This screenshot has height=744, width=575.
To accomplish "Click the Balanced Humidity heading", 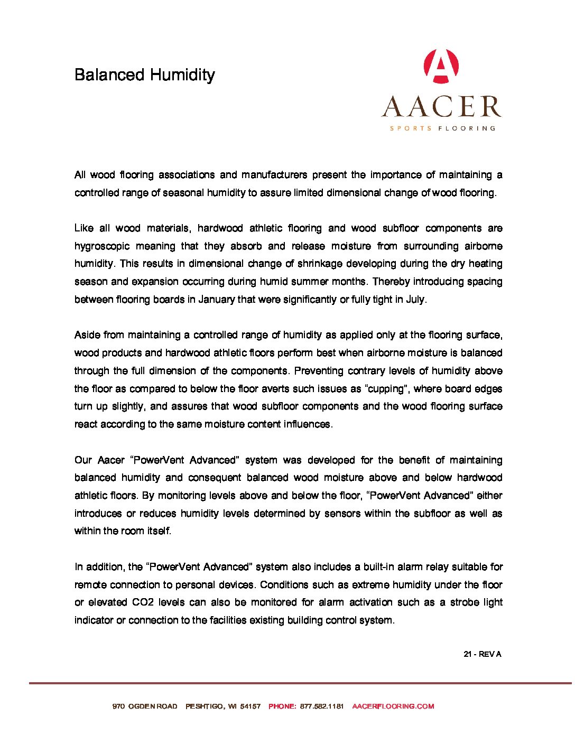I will tap(144, 75).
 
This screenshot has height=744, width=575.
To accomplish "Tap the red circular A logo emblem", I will tap(441, 66).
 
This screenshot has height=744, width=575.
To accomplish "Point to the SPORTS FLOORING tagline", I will tap(442, 128).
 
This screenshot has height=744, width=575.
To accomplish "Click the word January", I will tap(216, 300).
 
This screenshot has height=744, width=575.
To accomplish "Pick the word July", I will tap(415, 300).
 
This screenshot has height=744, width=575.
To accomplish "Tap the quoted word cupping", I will tap(388, 389).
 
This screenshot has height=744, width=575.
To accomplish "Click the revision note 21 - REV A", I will tap(482, 654).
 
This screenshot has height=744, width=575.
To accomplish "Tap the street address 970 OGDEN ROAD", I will tap(145, 706).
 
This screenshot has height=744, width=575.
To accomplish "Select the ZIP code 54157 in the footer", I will tap(251, 706).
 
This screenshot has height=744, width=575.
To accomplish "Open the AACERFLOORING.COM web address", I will tap(393, 706).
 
